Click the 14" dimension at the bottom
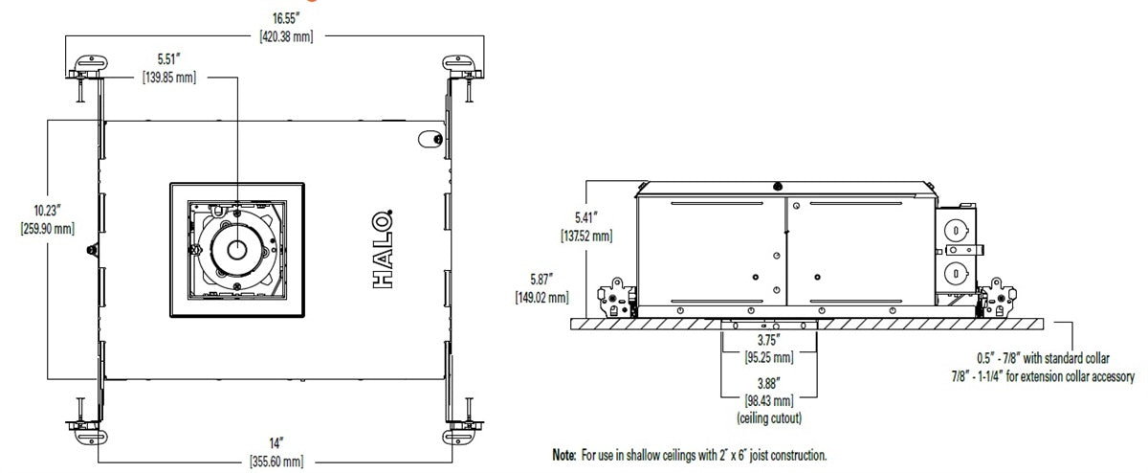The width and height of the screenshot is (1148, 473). click(x=276, y=444)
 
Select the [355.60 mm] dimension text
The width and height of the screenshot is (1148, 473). click(x=276, y=462)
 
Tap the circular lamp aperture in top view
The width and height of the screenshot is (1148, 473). click(x=235, y=248)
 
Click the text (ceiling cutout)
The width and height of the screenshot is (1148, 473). click(x=769, y=417)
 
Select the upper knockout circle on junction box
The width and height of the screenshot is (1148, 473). click(x=955, y=231)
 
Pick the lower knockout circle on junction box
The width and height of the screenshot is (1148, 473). click(x=955, y=274)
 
